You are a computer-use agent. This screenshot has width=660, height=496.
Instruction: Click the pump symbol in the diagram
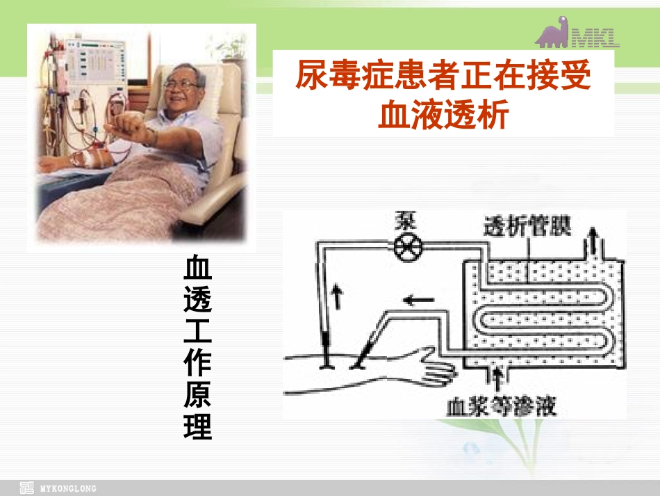(x=405, y=248)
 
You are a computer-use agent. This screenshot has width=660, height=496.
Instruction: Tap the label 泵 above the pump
(x=404, y=224)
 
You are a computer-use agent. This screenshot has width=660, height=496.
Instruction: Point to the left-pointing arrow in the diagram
(x=420, y=301)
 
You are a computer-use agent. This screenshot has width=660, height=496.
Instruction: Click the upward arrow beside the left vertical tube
(x=338, y=296)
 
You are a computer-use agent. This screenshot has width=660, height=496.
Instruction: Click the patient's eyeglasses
(x=182, y=84)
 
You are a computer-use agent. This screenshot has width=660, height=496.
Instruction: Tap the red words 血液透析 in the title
(x=443, y=114)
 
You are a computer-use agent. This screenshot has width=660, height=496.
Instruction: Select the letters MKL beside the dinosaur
(x=595, y=36)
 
